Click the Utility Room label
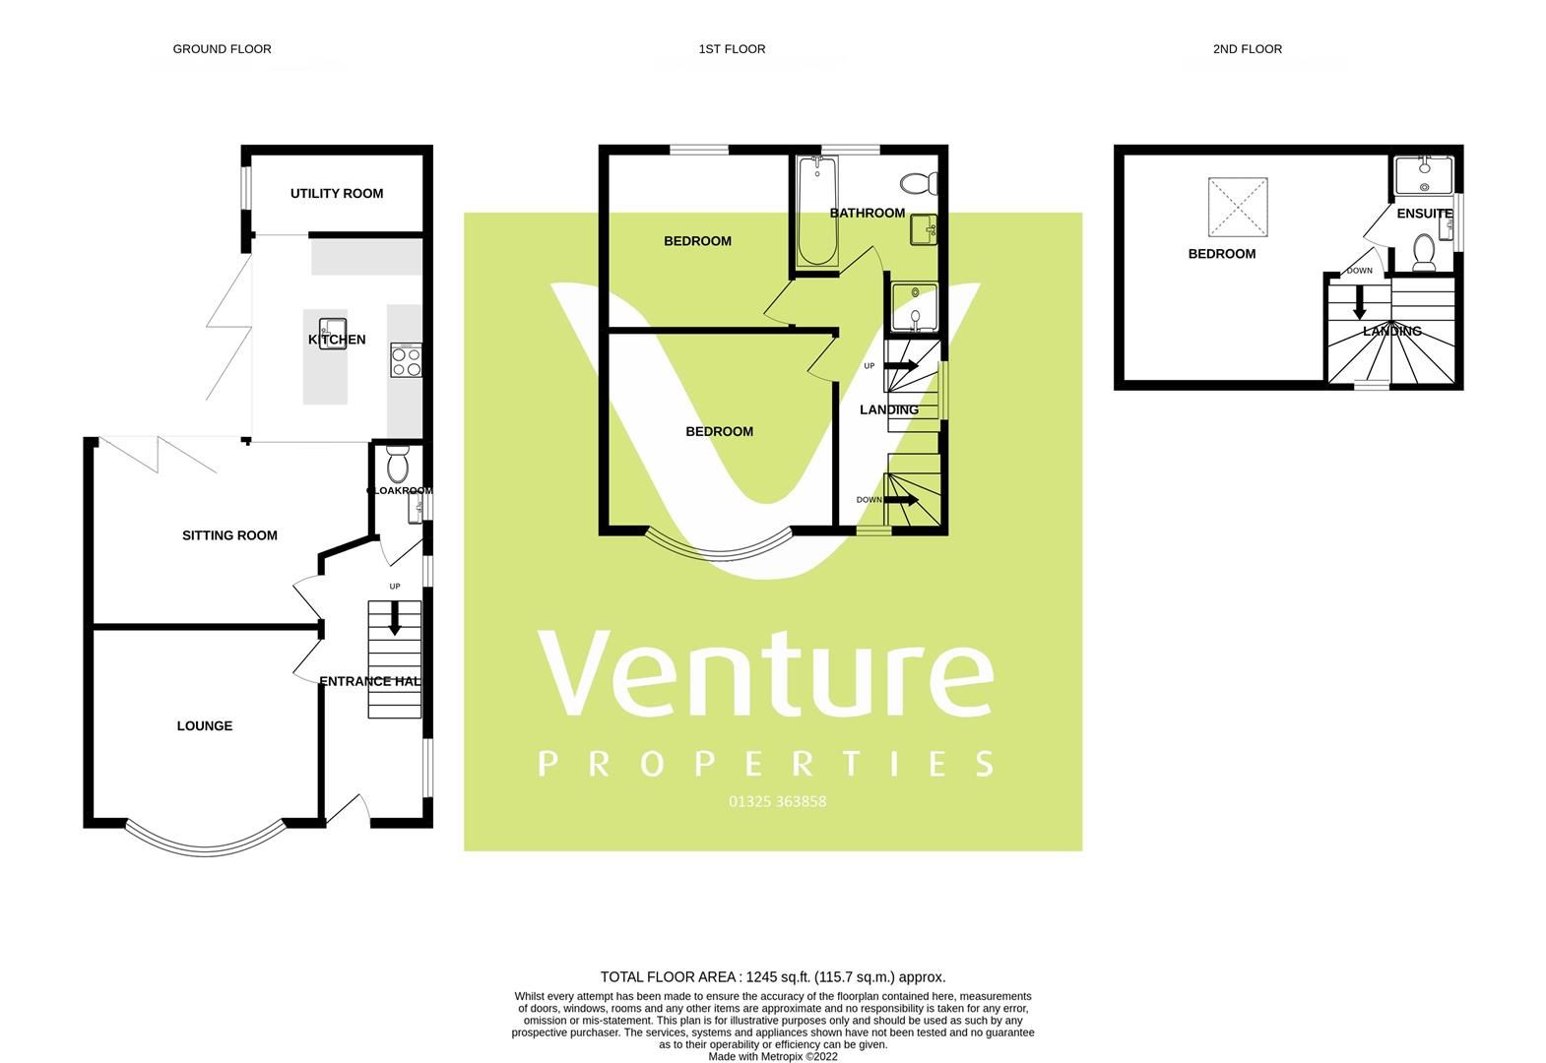tap(337, 193)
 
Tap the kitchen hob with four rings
tap(406, 359)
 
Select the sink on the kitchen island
tap(332, 329)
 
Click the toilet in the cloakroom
tap(398, 463)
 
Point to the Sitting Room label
tap(229, 535)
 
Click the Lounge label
tap(205, 725)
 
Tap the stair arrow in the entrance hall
tap(395, 617)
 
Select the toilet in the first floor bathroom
tap(919, 183)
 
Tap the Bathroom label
tap(867, 213)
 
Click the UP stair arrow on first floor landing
tap(902, 365)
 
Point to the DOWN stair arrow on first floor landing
tap(902, 500)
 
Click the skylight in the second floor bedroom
tap(1237, 207)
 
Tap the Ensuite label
tap(1424, 213)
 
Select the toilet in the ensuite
tap(1423, 252)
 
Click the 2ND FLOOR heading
tap(1247, 48)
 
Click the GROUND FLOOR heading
tap(222, 48)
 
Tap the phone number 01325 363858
tap(777, 801)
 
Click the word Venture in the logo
tap(765, 676)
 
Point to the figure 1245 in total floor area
tap(762, 977)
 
